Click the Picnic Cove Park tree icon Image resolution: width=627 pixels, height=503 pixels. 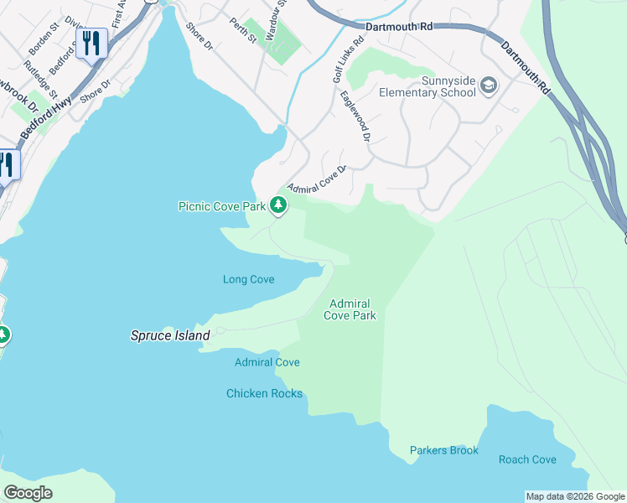(x=277, y=205)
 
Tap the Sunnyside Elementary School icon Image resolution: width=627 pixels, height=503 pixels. (x=488, y=86)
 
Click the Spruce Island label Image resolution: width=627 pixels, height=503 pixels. (x=169, y=335)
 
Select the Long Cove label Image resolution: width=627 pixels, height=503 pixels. (x=249, y=279)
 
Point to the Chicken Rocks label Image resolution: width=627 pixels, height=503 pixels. (x=264, y=393)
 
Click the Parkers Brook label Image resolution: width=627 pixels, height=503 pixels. (x=444, y=450)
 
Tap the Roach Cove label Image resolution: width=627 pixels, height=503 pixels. (x=527, y=459)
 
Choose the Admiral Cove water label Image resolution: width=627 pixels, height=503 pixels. (x=267, y=362)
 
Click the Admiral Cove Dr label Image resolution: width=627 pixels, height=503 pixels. (x=317, y=178)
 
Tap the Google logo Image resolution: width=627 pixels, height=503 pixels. (x=28, y=493)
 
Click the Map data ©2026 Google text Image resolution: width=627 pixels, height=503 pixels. (x=574, y=496)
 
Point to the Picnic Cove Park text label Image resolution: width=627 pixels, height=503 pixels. (x=221, y=206)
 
